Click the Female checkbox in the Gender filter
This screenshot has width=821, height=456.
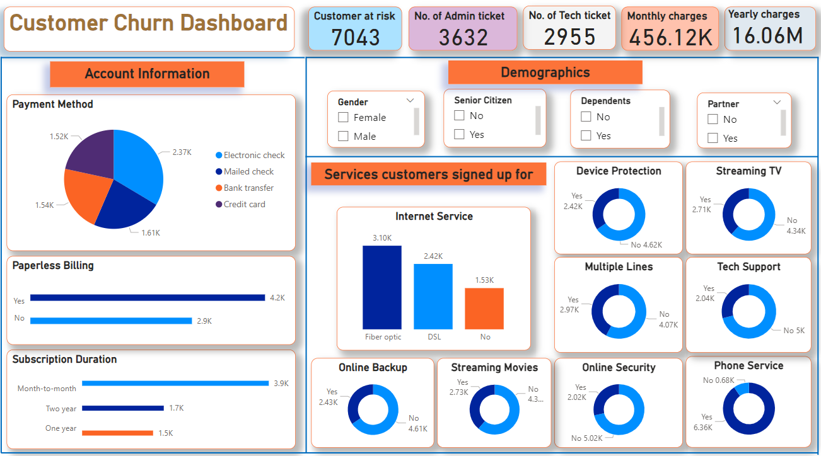(344, 117)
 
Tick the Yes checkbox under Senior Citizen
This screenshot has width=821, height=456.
(460, 134)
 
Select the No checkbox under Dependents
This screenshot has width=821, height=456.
(586, 117)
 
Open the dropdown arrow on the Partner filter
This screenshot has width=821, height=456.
(777, 102)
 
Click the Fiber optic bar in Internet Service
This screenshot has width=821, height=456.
(382, 287)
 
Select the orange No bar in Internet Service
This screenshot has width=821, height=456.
(484, 309)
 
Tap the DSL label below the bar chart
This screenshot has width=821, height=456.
(434, 337)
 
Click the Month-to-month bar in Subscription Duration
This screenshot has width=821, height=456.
(175, 383)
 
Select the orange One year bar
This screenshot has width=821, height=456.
(117, 433)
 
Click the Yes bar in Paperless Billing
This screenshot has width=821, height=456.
(148, 298)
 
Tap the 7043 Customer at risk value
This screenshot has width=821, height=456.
(356, 38)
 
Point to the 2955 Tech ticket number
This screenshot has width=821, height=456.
(569, 38)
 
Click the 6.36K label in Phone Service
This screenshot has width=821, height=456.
(702, 428)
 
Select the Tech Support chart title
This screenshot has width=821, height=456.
(748, 267)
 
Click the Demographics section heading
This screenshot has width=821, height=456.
(545, 72)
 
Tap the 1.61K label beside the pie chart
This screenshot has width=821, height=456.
(150, 232)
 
